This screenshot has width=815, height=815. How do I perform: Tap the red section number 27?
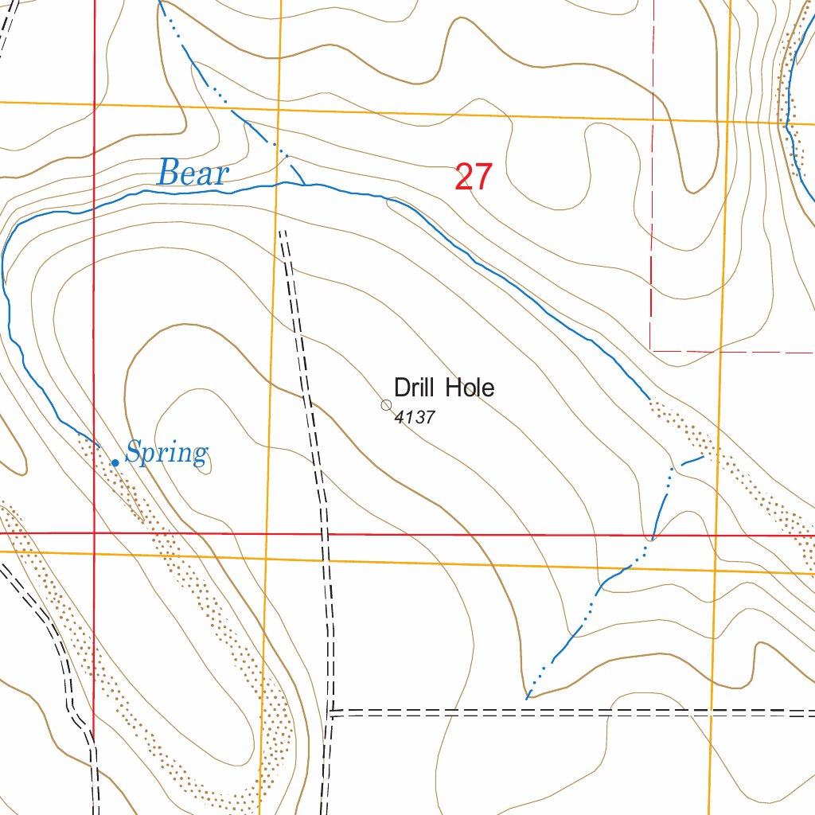click(474, 177)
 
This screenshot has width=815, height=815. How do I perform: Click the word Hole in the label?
click(470, 388)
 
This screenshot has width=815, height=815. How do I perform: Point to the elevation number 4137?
click(415, 417)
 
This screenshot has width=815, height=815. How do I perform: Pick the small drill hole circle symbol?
click(386, 405)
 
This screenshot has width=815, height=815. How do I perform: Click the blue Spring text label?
click(166, 454)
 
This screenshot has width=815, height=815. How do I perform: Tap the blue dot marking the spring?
click(115, 462)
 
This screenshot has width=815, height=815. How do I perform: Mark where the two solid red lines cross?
click(94, 532)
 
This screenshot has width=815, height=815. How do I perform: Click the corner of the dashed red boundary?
click(651, 349)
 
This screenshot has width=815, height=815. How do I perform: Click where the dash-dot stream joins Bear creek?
click(306, 185)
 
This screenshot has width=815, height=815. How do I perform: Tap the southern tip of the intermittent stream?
click(527, 699)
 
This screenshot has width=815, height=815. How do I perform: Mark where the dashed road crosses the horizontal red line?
click(326, 534)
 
